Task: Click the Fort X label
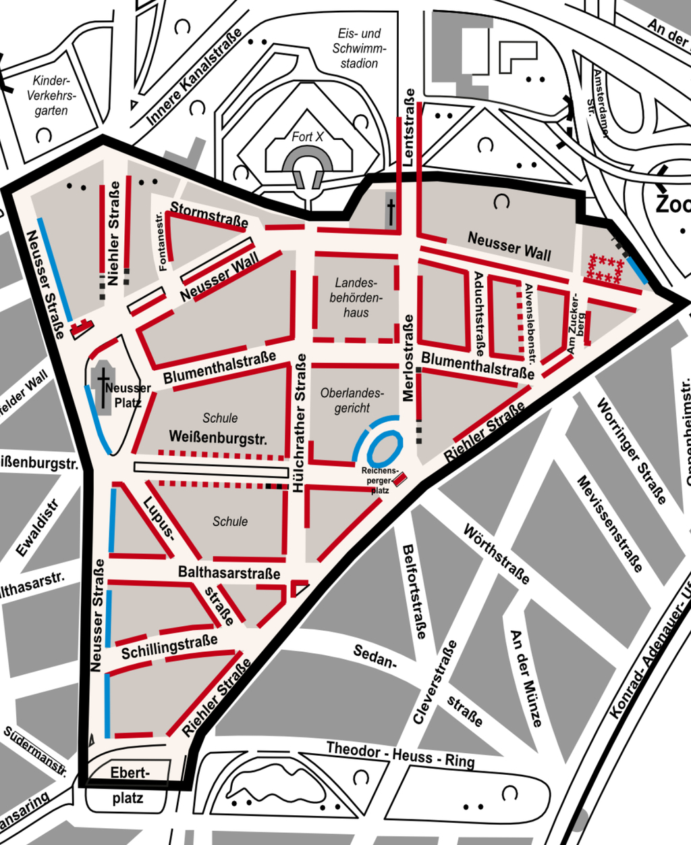point(307,137)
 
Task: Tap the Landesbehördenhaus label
point(356,298)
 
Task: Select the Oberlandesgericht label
point(352,401)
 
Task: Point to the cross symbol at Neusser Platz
point(103,387)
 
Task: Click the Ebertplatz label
point(128,785)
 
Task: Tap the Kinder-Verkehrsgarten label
point(51,95)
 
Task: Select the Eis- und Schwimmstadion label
point(359,48)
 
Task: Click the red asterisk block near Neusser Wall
point(605,269)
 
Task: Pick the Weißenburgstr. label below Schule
point(218,437)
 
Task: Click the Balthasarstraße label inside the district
point(229,573)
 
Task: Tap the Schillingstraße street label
point(169,646)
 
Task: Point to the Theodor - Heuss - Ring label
point(400,755)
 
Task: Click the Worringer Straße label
point(631,451)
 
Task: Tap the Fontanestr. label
point(161,242)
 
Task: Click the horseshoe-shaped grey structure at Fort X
point(307,165)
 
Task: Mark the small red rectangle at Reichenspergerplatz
point(399,479)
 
